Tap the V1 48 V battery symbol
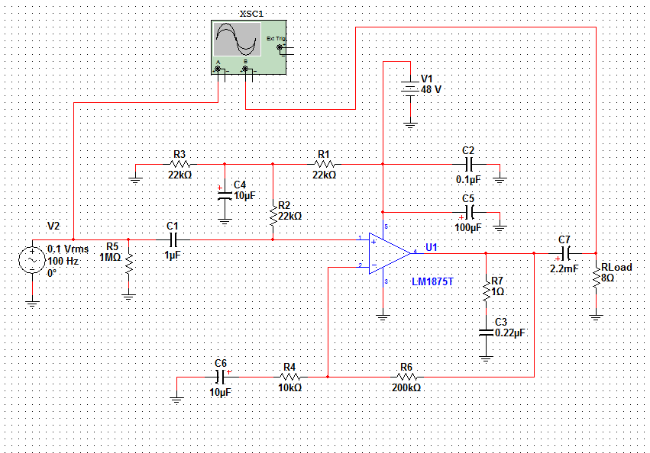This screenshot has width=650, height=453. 410,88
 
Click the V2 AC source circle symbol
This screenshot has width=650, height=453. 33,261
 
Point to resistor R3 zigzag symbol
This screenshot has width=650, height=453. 179,163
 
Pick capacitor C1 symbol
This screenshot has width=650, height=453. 172,239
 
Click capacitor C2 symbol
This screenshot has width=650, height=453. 469,163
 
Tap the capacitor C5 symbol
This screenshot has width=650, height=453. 469,212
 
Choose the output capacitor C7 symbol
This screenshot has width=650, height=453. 565,252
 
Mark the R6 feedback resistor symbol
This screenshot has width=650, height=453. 406,377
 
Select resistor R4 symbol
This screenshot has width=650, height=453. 289,377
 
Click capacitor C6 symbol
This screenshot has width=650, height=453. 222,377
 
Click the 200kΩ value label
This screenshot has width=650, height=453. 406,387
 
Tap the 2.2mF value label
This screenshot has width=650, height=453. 564,268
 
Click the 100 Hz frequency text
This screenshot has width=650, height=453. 63,261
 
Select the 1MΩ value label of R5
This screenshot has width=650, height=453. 111,257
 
